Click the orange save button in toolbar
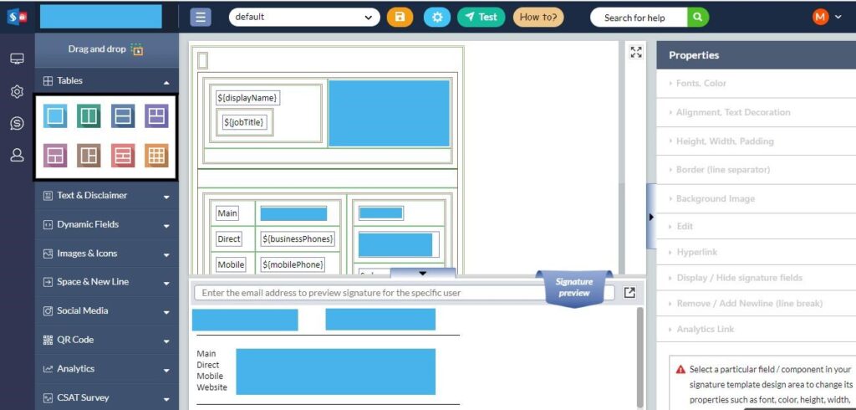(x=400, y=17)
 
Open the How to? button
(x=538, y=17)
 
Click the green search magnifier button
(x=698, y=17)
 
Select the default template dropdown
(x=303, y=17)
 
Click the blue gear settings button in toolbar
(x=436, y=17)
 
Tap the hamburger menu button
(x=200, y=17)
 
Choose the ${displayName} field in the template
(x=247, y=98)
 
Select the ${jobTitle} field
(x=244, y=122)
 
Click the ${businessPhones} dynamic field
(x=298, y=239)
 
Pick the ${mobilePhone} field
(x=293, y=264)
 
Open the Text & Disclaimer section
(x=107, y=196)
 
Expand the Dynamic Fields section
(x=107, y=224)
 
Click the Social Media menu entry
(x=107, y=311)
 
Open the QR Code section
(x=107, y=340)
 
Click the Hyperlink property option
(x=696, y=252)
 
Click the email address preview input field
(x=368, y=293)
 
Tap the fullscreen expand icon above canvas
(x=636, y=52)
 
